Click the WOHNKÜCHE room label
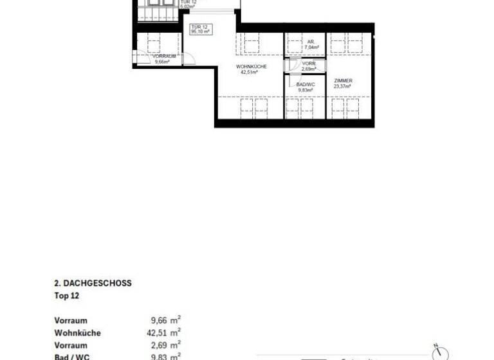click(251, 67)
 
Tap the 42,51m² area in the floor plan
click(251, 73)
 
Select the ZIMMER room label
click(343, 80)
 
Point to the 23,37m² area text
click(343, 86)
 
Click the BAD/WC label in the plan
click(305, 84)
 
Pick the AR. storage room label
click(310, 42)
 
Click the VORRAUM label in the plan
click(164, 57)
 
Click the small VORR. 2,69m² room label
click(308, 66)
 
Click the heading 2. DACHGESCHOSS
click(93, 283)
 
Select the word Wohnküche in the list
click(78, 333)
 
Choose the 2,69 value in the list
click(158, 345)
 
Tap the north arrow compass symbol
click(441, 352)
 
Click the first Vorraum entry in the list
click(71, 320)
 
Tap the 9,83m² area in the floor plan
click(305, 90)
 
